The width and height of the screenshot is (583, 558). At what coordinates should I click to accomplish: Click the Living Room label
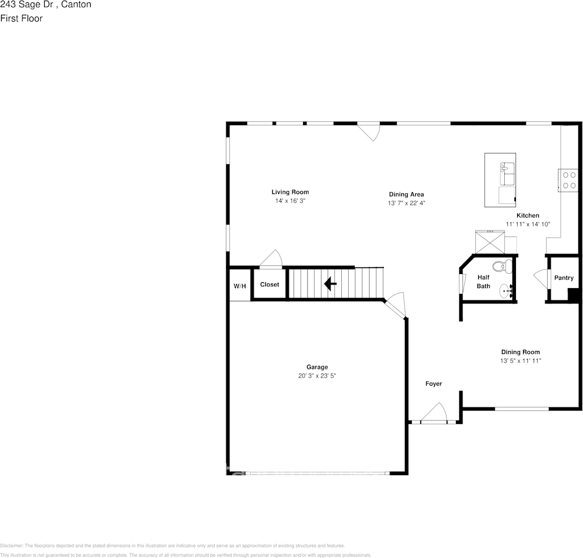(x=289, y=192)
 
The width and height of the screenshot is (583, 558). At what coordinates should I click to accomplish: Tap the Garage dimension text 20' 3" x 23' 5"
(x=317, y=376)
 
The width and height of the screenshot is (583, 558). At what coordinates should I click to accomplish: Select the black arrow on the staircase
(x=330, y=285)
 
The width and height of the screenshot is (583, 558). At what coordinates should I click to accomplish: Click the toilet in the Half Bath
(x=501, y=266)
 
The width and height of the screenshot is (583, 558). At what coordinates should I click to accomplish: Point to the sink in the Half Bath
(x=507, y=290)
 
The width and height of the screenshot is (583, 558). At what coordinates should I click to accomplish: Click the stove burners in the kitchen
(x=569, y=179)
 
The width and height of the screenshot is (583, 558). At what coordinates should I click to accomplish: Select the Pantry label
(x=564, y=278)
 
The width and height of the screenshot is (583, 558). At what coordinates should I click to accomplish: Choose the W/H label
(x=240, y=286)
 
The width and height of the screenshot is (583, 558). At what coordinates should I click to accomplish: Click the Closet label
(x=269, y=285)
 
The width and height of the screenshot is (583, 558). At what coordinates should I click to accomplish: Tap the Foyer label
(x=434, y=384)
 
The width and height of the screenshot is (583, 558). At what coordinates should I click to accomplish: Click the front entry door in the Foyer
(x=434, y=414)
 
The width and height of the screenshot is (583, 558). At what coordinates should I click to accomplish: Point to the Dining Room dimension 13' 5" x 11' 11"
(x=520, y=361)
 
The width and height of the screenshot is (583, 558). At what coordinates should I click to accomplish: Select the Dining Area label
(x=406, y=195)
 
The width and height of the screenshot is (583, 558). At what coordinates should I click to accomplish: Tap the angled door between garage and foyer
(x=395, y=306)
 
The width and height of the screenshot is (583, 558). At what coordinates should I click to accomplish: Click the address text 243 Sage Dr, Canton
(x=45, y=5)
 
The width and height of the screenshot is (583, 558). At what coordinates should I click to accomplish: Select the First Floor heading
(x=21, y=18)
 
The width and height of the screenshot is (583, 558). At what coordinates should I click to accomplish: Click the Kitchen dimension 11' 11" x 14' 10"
(x=528, y=224)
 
